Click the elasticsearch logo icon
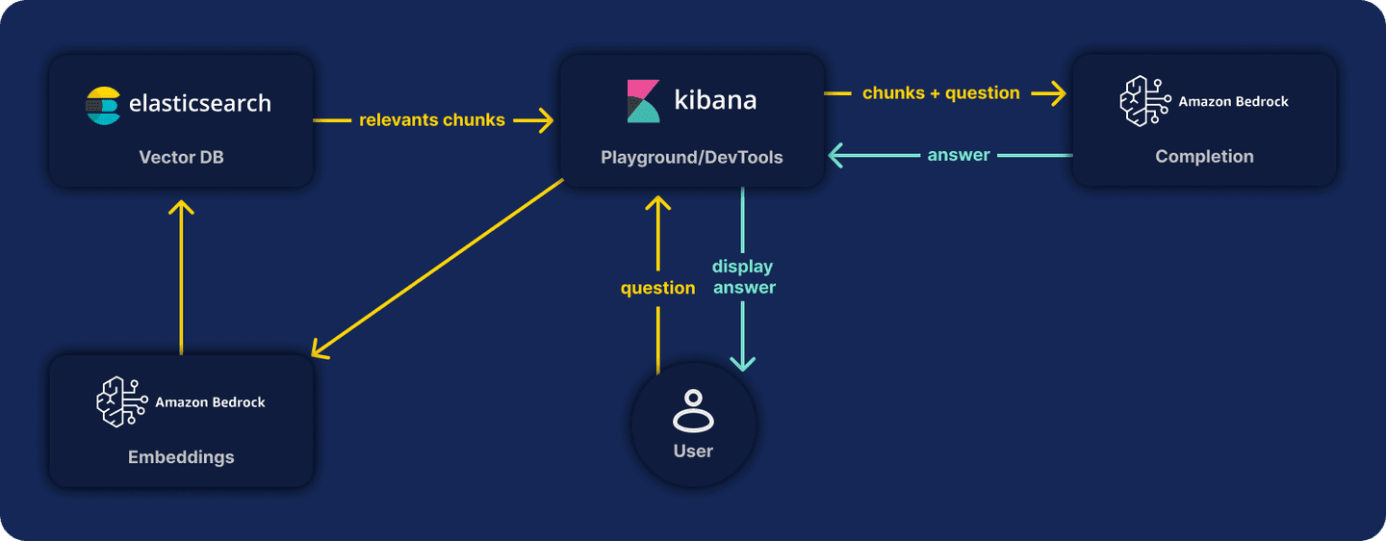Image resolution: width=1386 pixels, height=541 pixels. pos(103,105)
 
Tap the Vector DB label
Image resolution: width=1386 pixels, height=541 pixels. pos(181,157)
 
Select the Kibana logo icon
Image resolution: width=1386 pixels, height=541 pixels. pos(644,101)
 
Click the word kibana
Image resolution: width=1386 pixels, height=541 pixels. pos(715,100)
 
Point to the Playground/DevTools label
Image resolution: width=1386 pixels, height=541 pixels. pos(691,157)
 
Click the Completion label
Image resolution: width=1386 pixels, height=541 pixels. pos(1204,157)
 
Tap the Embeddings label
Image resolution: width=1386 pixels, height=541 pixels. pos(181,457)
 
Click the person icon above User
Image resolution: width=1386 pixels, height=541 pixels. pos(693,410)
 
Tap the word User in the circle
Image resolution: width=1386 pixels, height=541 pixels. pos(693,451)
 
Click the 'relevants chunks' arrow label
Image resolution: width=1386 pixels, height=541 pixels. pos(432,120)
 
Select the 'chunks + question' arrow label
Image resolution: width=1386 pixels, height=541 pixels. pos(941,93)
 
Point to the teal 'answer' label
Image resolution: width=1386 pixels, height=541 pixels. pos(959,155)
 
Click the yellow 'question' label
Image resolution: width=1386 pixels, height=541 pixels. pos(657,288)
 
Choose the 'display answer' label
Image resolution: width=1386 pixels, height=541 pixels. pos(743,276)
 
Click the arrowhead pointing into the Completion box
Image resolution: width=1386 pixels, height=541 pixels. pos(1059,93)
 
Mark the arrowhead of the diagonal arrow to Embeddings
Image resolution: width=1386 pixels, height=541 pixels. pos(319,352)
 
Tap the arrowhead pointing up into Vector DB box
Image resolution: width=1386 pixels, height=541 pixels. pos(181,206)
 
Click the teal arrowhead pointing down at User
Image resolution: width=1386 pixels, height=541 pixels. pos(743,364)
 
